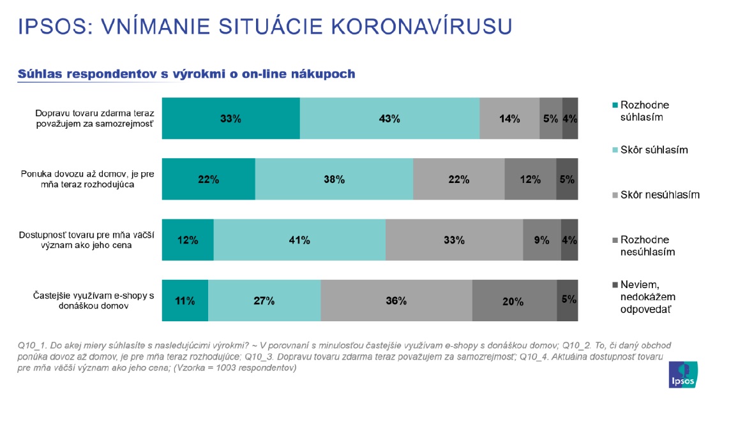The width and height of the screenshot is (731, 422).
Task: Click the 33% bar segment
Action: [230, 118]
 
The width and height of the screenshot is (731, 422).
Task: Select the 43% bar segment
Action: [389, 118]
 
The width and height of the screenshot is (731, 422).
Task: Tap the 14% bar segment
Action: [509, 118]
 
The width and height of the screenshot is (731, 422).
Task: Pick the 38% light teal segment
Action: [334, 179]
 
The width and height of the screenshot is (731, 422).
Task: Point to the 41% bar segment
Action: [299, 240]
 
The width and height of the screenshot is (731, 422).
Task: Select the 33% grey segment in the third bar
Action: [454, 240]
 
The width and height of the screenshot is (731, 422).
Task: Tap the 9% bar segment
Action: [542, 240]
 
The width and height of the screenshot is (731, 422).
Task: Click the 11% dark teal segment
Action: [185, 300]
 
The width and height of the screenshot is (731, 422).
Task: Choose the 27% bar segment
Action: [264, 300]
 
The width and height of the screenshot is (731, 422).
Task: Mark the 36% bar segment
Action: [396, 300]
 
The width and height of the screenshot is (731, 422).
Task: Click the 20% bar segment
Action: [514, 300]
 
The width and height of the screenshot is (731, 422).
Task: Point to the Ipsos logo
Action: [682, 375]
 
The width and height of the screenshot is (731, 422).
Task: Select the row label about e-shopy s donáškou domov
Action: [94, 300]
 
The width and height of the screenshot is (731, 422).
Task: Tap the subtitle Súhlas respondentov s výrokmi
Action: [186, 74]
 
